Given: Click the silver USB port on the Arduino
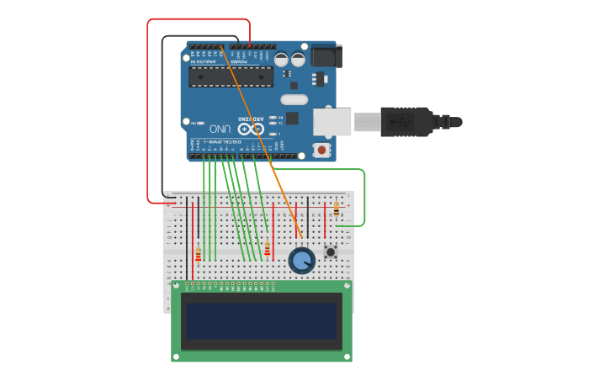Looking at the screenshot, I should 332,122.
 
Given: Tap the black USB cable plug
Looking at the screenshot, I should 408,122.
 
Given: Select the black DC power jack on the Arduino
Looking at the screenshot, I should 326,56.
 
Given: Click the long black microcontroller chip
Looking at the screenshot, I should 231,77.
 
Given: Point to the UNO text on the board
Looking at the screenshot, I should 220,129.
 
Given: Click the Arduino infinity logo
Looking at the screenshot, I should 245,129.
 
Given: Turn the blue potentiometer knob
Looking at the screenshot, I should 301,260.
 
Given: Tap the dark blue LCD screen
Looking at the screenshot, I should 262,321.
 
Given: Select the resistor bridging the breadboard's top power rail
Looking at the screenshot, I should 337,209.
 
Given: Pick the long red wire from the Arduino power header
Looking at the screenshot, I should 149,109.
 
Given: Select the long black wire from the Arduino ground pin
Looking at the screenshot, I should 163,118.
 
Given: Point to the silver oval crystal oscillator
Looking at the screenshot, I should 294,99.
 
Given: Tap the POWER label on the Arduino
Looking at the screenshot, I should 240,61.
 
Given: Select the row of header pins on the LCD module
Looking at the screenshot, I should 232,284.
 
